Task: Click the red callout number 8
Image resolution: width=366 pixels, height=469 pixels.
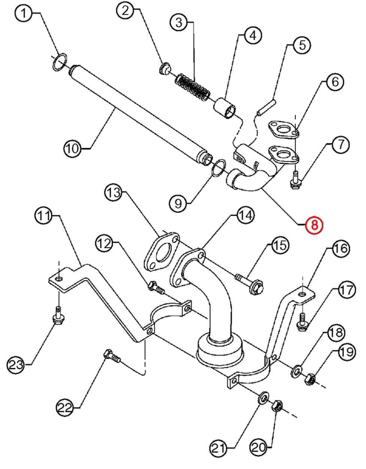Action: pos(314,225)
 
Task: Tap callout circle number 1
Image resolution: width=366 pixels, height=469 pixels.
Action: pos(24,15)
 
